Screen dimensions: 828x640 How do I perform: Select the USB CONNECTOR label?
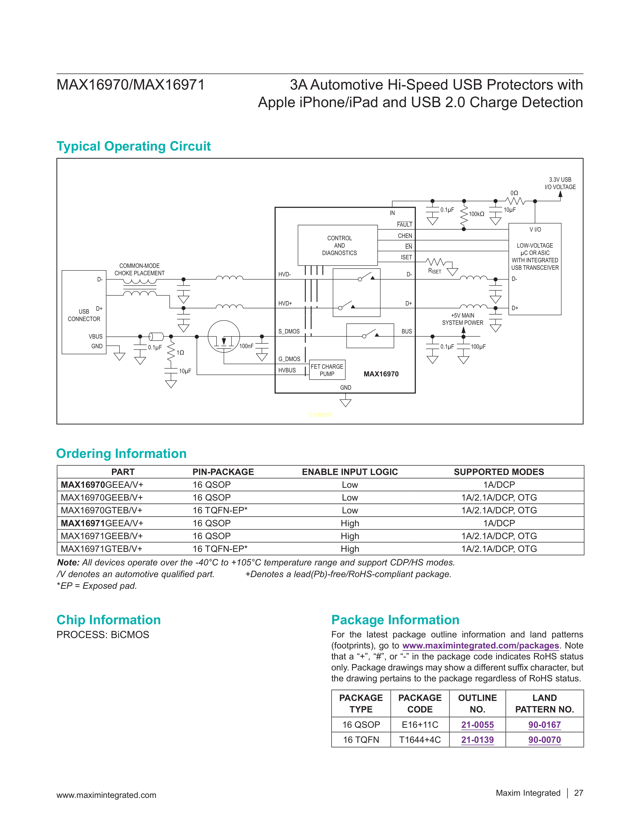pyautogui.click(x=84, y=315)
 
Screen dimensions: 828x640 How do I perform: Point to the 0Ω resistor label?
pyautogui.click(x=514, y=193)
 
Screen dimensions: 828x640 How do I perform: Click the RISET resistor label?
pyautogui.click(x=434, y=271)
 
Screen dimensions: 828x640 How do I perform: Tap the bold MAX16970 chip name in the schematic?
pyautogui.click(x=381, y=374)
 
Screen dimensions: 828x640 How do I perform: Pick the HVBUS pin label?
pyautogui.click(x=287, y=370)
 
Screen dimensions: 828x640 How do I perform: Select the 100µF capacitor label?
pyautogui.click(x=478, y=347)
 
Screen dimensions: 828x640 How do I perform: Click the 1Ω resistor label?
pyautogui.click(x=180, y=353)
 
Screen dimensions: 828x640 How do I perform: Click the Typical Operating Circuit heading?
pyautogui.click(x=134, y=146)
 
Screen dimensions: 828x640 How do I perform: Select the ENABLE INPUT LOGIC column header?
pyautogui.click(x=350, y=472)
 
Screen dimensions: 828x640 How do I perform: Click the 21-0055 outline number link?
pyautogui.click(x=477, y=725)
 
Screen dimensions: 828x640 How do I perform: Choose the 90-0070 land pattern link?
pyautogui.click(x=544, y=740)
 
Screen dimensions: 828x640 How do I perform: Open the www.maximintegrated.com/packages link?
pyautogui.click(x=480, y=646)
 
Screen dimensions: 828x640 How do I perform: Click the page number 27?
pyautogui.click(x=579, y=793)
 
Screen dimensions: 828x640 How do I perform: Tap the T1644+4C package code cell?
pyautogui.click(x=420, y=740)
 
